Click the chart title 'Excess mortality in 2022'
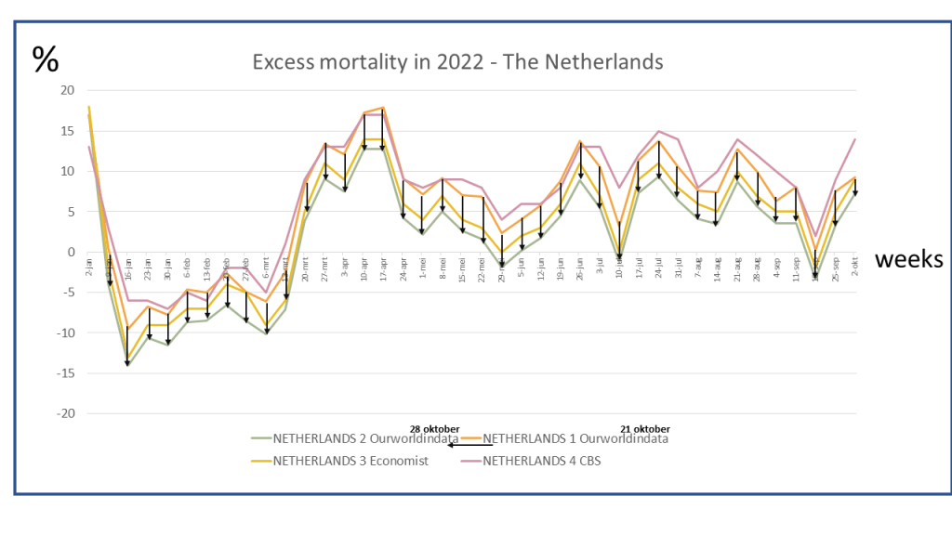pos(458,62)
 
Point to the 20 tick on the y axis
pos(66,90)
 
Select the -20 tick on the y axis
pos(63,413)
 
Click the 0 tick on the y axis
pos(70,252)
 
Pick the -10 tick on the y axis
pos(63,333)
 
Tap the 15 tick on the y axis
pos(66,131)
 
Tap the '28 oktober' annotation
pos(435,428)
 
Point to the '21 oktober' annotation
pos(645,428)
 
